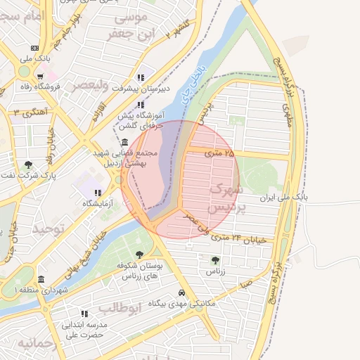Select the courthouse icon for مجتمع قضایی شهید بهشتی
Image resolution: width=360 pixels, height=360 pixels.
pyautogui.click(x=124, y=143)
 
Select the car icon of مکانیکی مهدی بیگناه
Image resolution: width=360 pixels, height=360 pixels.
pyautogui.click(x=182, y=292)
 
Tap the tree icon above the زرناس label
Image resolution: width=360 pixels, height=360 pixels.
pyautogui.click(x=215, y=260)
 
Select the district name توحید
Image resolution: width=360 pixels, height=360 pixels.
pyautogui.click(x=49, y=229)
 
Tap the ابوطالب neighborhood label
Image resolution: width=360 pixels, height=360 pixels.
pyautogui.click(x=120, y=307)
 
